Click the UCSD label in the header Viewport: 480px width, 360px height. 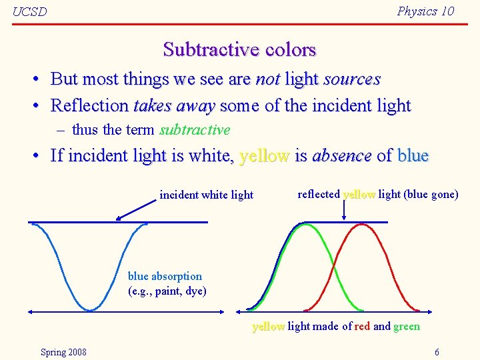(x=30, y=12)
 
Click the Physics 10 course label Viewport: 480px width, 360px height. (x=425, y=11)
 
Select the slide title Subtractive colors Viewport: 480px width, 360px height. (x=239, y=49)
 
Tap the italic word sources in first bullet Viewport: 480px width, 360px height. (x=351, y=79)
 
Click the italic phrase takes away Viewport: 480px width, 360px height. (x=174, y=106)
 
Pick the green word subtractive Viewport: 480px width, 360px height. (x=195, y=130)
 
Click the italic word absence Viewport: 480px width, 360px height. (x=341, y=156)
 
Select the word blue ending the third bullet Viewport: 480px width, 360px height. (x=413, y=156)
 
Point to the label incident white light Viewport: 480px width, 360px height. (x=207, y=195)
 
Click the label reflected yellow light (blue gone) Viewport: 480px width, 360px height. (x=377, y=194)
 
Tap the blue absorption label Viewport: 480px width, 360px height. (x=165, y=276)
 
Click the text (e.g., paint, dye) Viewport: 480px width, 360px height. (x=167, y=291)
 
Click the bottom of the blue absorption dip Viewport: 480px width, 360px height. (x=90, y=309)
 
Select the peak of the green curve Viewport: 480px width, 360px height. (x=305, y=225)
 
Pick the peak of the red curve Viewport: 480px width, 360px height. (x=361, y=225)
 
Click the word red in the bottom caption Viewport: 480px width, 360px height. (x=362, y=326)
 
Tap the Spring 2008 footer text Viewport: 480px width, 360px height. (x=63, y=351)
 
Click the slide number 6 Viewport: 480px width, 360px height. (x=437, y=351)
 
